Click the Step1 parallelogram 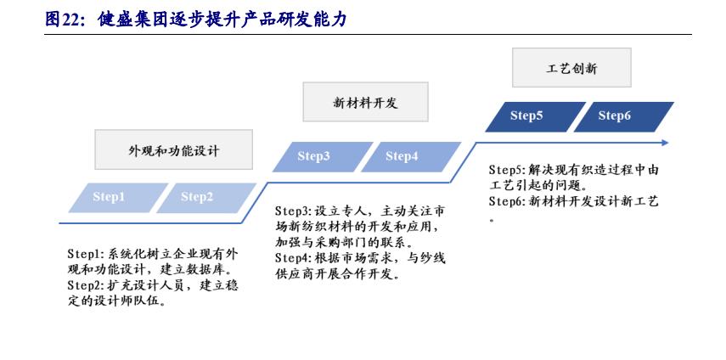pos(109,198)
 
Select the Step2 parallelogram pos(197,198)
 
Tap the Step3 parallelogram pos(313,156)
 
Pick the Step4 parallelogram pos(402,156)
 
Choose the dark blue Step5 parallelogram pos(526,116)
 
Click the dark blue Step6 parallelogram pos(615,116)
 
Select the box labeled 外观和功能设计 pos(173,150)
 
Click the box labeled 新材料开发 pos(365,103)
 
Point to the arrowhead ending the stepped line pos(664,143)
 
